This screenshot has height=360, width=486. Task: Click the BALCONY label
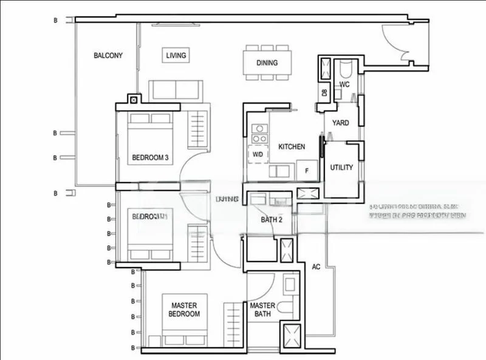coord(108,56)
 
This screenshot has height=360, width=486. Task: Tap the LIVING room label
coord(176,56)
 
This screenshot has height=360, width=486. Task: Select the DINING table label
coord(266,63)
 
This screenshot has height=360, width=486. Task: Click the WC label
coord(344,84)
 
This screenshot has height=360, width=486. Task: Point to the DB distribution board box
coord(324,92)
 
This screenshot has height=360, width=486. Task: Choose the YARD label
coord(340,123)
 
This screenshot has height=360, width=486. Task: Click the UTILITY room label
coord(341,168)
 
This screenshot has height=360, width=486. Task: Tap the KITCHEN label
coord(292,147)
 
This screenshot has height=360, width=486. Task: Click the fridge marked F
coord(307,171)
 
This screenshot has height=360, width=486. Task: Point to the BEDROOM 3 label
coord(150,158)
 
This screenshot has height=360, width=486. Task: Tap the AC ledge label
coord(316,267)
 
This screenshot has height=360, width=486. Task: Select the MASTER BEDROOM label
coord(185,310)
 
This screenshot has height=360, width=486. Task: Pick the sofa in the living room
coord(176,90)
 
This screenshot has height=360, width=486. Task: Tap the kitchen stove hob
coord(259,133)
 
